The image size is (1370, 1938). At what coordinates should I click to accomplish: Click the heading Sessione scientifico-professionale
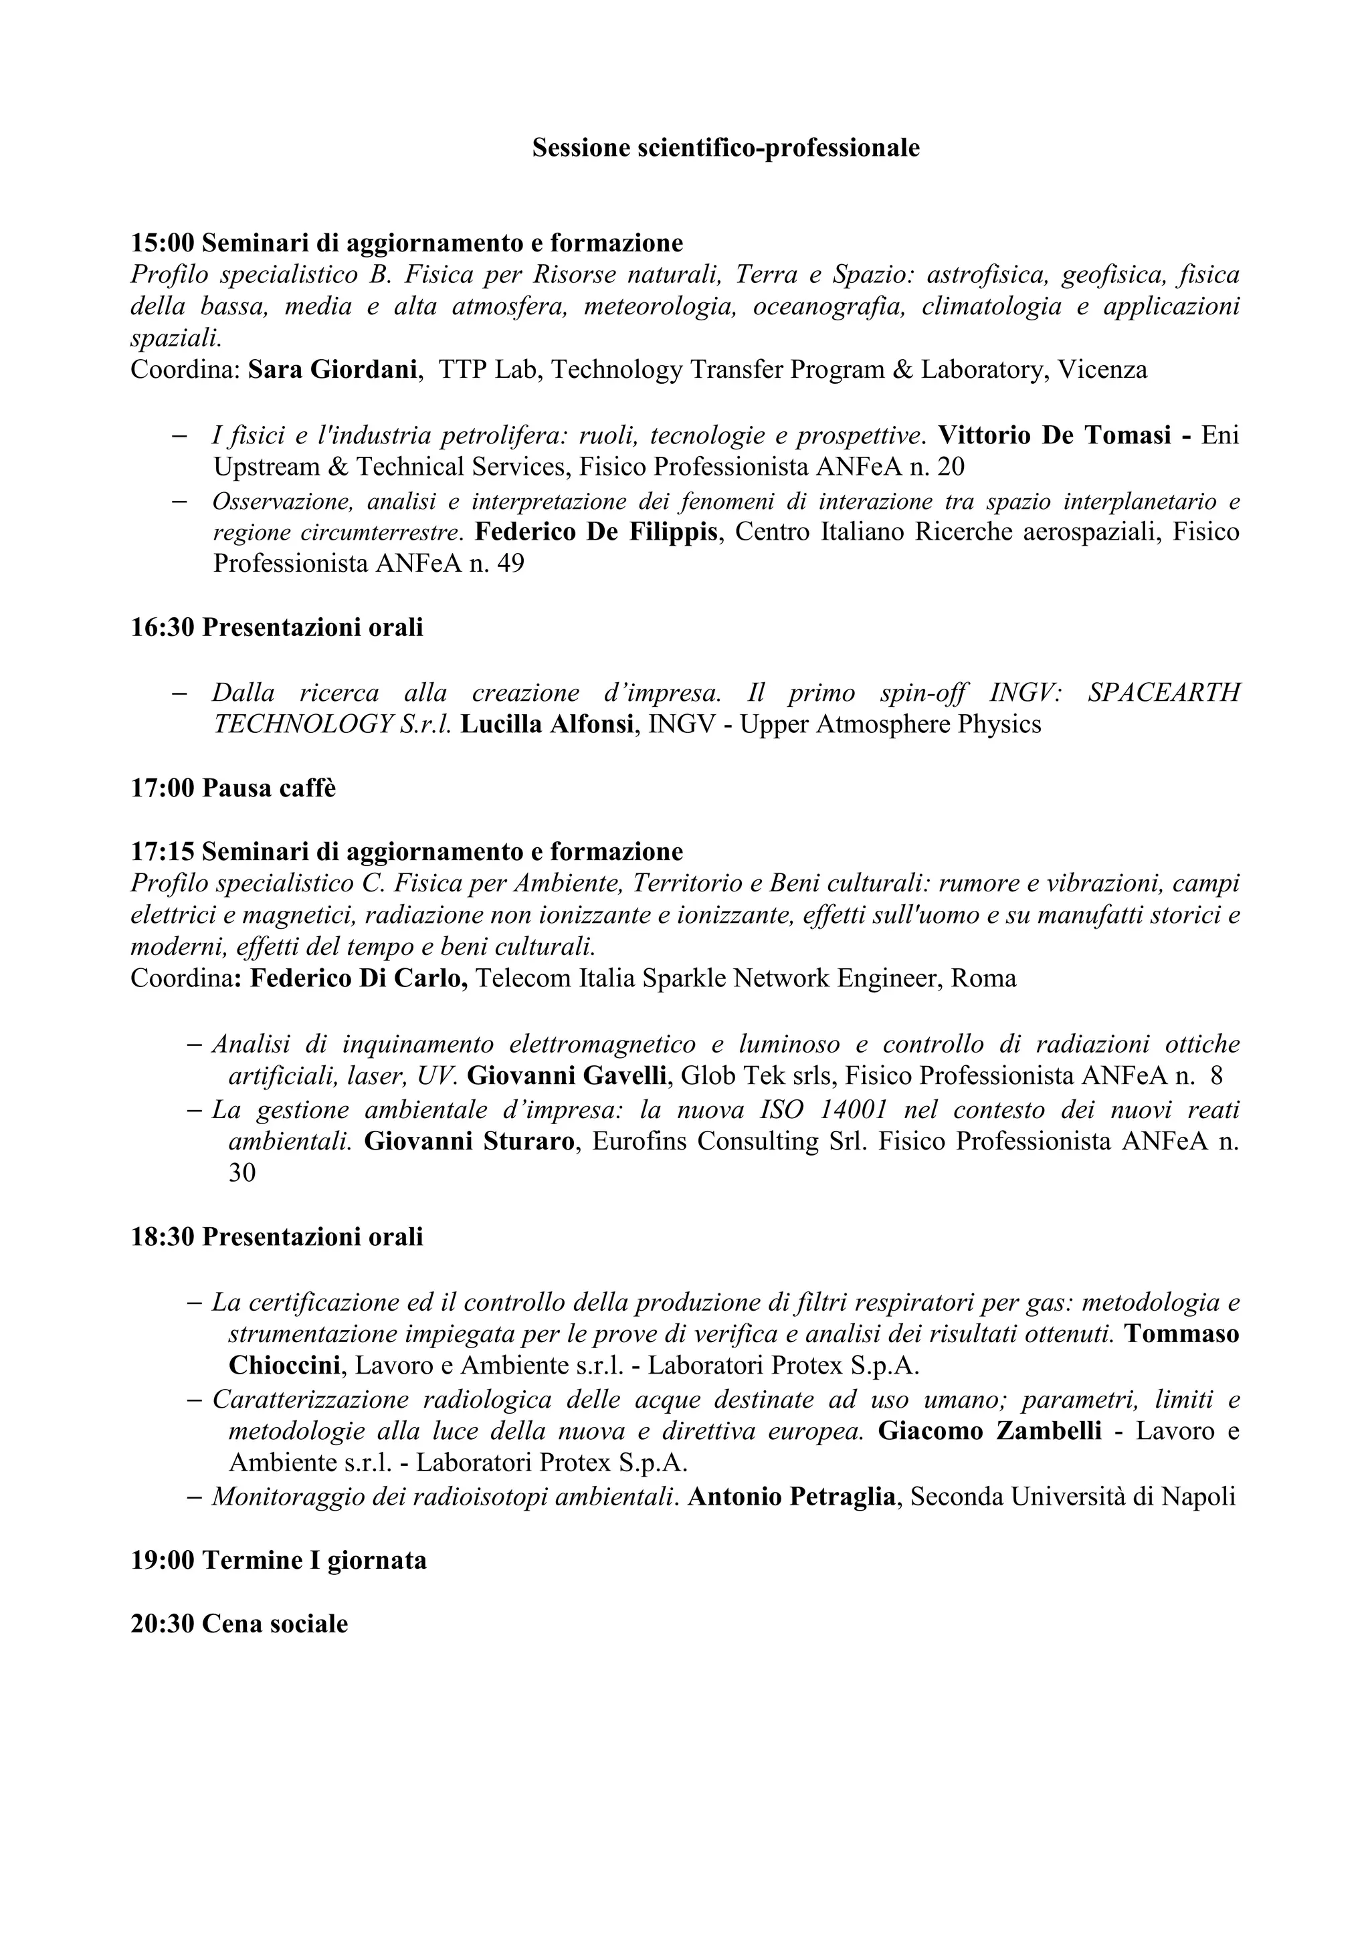point(725,148)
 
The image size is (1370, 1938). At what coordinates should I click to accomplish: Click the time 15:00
point(162,244)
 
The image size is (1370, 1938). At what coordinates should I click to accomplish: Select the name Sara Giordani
point(334,370)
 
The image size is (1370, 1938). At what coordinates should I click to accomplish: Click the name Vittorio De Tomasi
point(1054,435)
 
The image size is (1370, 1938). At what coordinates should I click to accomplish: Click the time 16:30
point(162,628)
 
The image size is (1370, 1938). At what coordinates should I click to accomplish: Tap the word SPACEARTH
point(1163,693)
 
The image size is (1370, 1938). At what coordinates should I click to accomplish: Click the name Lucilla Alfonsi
point(548,724)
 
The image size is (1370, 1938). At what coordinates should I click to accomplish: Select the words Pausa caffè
point(268,788)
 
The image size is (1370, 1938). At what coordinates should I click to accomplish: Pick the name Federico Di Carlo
point(360,978)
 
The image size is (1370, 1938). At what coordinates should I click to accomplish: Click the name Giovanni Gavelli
point(569,1076)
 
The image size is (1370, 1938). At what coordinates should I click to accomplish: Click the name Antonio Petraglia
point(792,1497)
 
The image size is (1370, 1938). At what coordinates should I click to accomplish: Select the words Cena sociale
point(274,1624)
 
